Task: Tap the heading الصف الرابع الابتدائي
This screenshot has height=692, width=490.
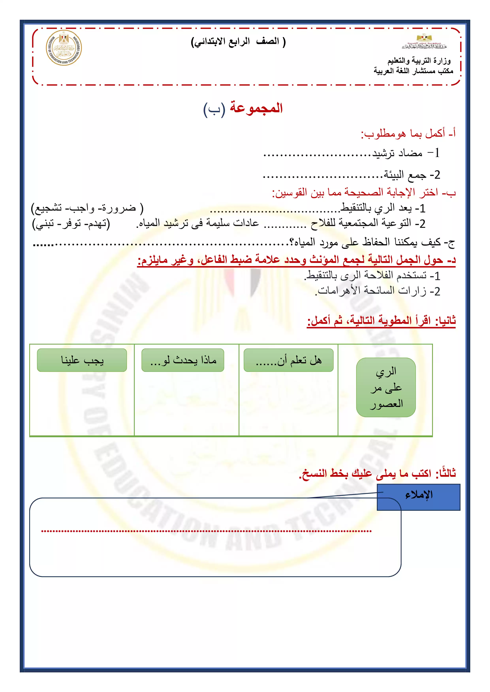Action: pos(238,42)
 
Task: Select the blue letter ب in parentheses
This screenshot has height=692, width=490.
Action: pos(214,109)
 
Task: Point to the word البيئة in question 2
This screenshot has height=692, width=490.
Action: pos(394,175)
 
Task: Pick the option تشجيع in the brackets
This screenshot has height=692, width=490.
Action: pos(48,208)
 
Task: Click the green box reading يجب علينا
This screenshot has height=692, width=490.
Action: pos(82,360)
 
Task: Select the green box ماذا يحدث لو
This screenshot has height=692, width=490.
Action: pos(183,360)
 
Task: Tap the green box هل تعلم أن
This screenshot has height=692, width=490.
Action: pos(288,360)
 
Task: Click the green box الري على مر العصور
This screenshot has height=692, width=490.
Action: pos(386,387)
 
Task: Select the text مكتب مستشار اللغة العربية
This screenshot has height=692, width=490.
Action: pos(413,71)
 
